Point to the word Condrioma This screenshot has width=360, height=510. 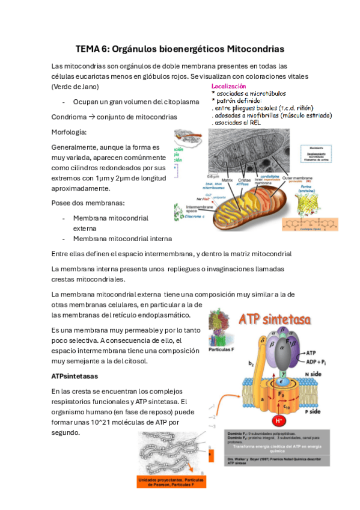coord(69,117)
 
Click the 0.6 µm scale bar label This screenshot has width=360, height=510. coord(213,176)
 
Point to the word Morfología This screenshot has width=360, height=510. coord(69,132)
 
